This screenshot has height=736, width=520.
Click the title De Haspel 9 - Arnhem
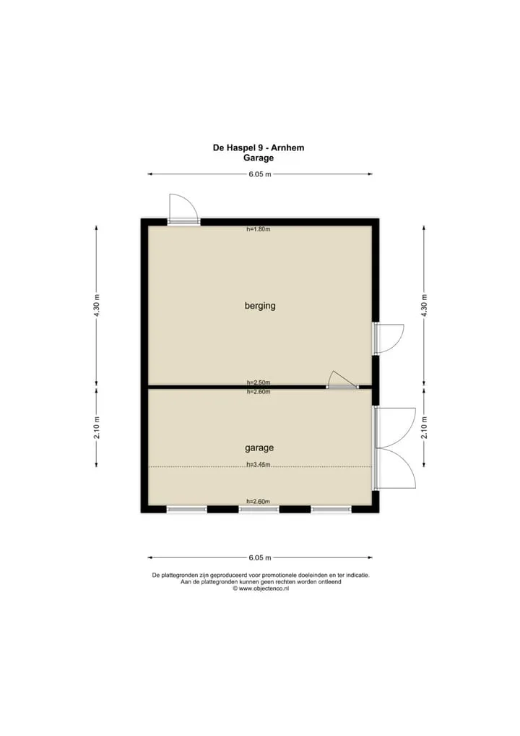[259, 147]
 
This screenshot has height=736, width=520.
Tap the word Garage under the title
[259, 158]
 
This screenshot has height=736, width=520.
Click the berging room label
[260, 306]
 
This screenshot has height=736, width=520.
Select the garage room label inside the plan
[259, 448]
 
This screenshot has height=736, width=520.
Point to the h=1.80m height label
[259, 229]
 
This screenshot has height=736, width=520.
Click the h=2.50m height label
[259, 382]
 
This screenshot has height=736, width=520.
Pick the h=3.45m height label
[259, 465]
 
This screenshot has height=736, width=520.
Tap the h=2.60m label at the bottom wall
[259, 501]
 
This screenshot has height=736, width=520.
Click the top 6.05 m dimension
[260, 174]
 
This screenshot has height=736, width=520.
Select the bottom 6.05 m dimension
[260, 557]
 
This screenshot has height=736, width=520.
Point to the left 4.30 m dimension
[97, 306]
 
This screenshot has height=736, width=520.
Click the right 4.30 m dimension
[424, 306]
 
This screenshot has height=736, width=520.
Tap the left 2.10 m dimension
[97, 427]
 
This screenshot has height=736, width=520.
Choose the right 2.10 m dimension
[424, 427]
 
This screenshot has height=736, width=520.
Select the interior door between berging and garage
[342, 380]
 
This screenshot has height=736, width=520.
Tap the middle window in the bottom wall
[259, 509]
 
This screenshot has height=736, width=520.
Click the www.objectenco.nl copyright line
[261, 589]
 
